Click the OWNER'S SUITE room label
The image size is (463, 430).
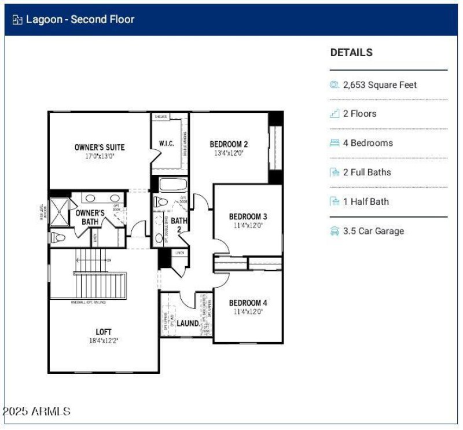(100, 147)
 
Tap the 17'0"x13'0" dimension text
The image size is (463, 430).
(100, 156)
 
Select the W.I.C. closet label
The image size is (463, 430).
(167, 144)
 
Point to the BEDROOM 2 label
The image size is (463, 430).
(229, 144)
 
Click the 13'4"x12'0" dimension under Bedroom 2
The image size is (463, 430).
(229, 153)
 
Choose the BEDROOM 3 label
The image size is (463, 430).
(248, 217)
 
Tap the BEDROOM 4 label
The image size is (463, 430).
(248, 303)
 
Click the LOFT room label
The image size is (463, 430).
(104, 332)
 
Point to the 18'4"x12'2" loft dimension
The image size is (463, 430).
(104, 341)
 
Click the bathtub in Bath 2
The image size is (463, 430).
(172, 185)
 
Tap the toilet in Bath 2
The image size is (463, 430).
(160, 202)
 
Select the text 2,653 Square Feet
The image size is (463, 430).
(380, 84)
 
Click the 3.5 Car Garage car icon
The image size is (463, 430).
(335, 231)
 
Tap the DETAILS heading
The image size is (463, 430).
(351, 52)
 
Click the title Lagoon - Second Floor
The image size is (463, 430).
(80, 19)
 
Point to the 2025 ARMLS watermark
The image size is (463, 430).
(37, 411)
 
